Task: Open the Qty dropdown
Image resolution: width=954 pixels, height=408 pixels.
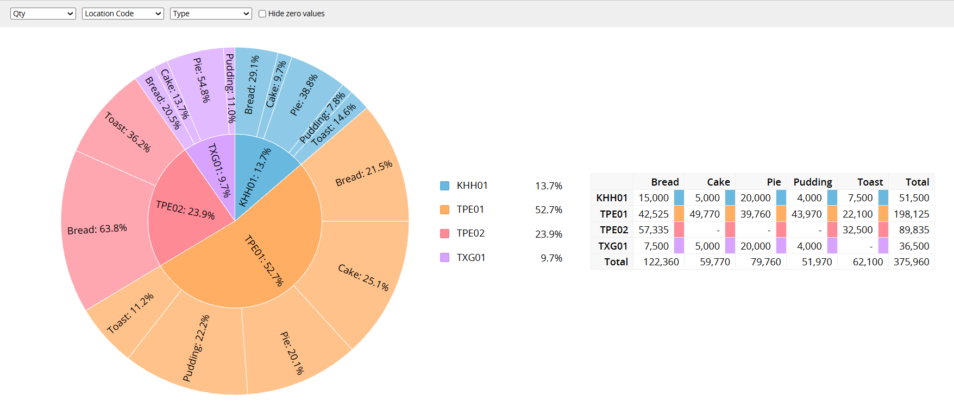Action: pyautogui.click(x=43, y=14)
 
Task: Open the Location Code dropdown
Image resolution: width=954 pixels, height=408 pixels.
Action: pyautogui.click(x=123, y=14)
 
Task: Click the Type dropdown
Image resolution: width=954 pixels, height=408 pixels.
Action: pyautogui.click(x=211, y=14)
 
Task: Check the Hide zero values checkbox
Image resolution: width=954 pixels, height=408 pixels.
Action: pyautogui.click(x=262, y=14)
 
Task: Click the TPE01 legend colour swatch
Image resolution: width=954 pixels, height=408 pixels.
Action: pyautogui.click(x=444, y=209)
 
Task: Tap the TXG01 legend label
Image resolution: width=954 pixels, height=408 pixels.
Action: pyautogui.click(x=471, y=257)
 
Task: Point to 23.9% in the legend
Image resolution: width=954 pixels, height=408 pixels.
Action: pyautogui.click(x=549, y=234)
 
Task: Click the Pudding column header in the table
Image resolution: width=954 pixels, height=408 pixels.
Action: pyautogui.click(x=813, y=182)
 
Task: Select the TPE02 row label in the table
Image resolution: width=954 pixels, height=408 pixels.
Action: pyautogui.click(x=614, y=229)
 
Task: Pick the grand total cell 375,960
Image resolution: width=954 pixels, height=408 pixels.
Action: pyautogui.click(x=912, y=262)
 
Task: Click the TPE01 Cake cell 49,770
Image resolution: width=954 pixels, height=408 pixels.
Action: pyautogui.click(x=705, y=214)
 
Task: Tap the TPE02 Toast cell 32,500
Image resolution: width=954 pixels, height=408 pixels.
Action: pyautogui.click(x=858, y=229)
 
